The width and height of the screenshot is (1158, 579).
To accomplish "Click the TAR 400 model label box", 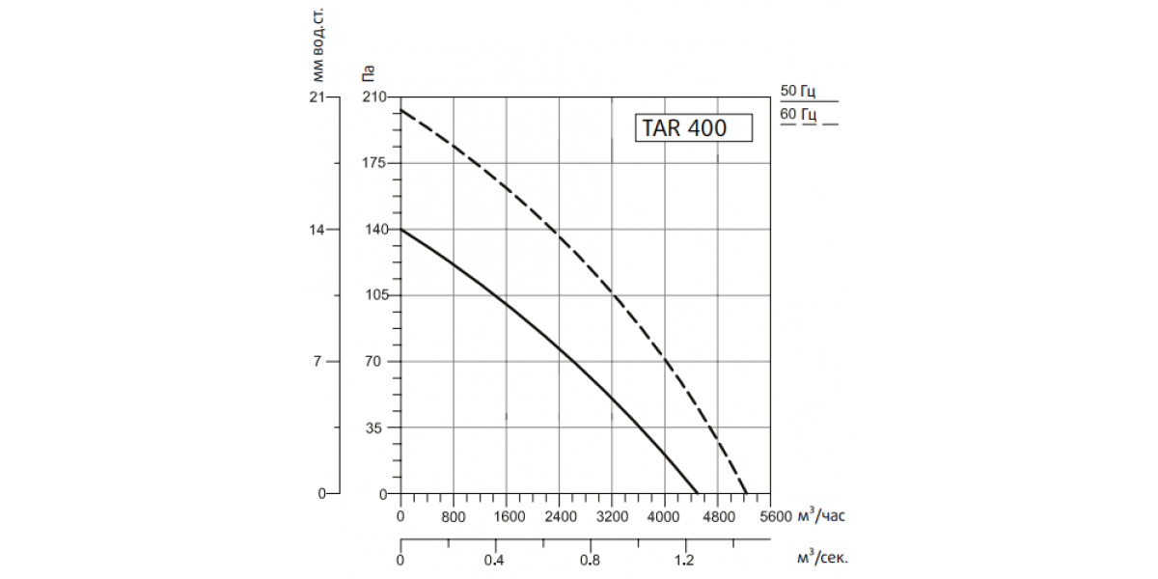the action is pos(694,127).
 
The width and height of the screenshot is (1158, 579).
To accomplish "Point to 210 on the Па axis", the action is pos(374,96).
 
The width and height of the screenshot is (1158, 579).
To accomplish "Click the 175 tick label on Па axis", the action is pos(374,163).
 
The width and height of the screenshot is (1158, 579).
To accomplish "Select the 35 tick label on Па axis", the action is pos(373,427).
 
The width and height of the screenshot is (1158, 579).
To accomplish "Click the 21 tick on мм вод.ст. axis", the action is pos(317,96).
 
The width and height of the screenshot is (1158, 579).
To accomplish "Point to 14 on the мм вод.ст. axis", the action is pos(317,229).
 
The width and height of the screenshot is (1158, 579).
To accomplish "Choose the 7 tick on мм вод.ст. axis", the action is pos(317,361).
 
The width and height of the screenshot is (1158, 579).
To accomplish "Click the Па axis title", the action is pos(368,73).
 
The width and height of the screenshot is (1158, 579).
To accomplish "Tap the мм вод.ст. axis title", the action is pos(317,45).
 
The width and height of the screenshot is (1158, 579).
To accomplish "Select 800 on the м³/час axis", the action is pos(454,516).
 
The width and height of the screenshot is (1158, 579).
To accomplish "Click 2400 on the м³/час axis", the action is pos(561,516).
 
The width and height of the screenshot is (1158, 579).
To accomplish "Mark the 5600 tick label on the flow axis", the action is pos(776,516).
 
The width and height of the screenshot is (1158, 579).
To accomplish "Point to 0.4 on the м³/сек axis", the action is pos(494,561).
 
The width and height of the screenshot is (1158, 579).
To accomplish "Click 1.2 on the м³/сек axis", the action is pos(684,561).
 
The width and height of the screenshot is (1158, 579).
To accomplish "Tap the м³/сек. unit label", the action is pos(822,558).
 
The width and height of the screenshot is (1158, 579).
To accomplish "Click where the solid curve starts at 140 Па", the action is pos(401,229).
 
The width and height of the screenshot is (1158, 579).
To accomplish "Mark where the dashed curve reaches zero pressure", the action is pos(747,494).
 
